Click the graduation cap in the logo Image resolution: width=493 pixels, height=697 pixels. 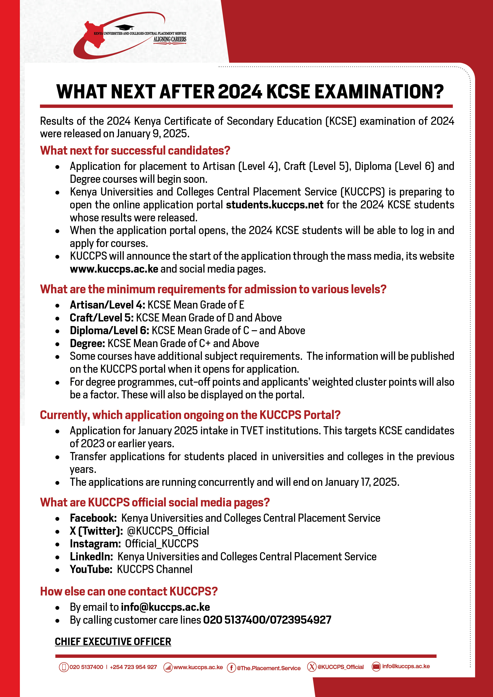click(x=124, y=28)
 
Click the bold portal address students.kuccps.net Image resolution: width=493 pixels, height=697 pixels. click(x=275, y=205)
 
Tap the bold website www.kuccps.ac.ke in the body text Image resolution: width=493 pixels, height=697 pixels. click(x=114, y=269)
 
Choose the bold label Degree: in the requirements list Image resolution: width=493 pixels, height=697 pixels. click(x=87, y=343)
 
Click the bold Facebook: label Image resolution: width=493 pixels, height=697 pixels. click(x=93, y=518)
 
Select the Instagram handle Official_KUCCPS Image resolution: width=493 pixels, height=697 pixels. click(x=162, y=543)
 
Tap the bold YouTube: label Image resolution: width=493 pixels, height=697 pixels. click(x=91, y=569)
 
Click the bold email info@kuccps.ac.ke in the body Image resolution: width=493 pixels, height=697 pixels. click(x=165, y=607)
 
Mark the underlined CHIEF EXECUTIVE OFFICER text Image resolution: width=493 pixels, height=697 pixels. click(x=113, y=642)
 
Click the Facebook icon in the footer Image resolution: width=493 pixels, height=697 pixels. click(x=231, y=668)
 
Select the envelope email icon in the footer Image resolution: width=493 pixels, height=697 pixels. click(x=376, y=666)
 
